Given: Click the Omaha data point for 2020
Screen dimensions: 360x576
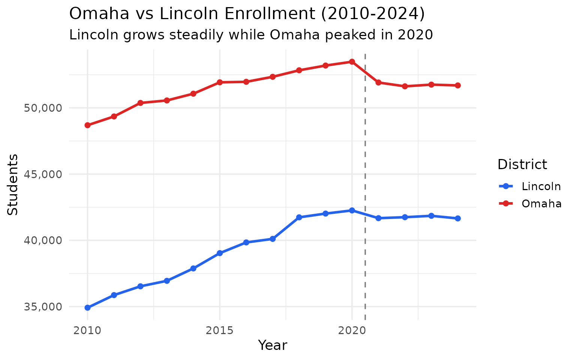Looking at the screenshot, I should point(352,61).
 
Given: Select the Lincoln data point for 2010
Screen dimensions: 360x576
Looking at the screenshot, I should point(87,308).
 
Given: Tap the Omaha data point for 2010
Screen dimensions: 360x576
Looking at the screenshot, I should point(87,125).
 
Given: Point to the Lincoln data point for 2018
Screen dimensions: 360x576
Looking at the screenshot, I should point(299,217).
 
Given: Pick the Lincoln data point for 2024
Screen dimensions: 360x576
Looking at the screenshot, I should point(458,219).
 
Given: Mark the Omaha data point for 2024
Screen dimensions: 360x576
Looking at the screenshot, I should point(458,85).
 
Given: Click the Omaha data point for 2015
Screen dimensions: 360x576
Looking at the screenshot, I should point(220,82).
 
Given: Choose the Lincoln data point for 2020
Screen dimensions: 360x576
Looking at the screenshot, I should point(352,210).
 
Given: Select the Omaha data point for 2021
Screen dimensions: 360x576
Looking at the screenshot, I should point(378,82).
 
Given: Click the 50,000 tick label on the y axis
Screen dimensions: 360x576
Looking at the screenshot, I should point(40,108).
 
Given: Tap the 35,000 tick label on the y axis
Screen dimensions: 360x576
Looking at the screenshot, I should point(40,307).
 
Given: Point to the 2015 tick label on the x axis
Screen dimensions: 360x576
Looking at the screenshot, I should point(220,331).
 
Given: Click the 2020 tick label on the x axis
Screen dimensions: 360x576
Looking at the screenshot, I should point(352,331).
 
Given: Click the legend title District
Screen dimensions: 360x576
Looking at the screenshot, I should point(522,165).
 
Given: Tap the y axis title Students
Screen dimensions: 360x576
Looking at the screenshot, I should point(13,184).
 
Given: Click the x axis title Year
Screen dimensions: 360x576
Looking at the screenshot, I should point(273,345).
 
